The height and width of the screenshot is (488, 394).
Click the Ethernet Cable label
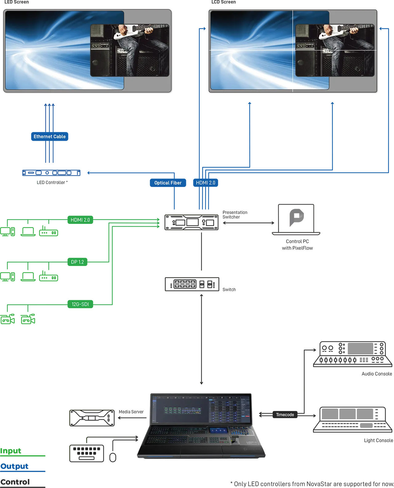coord(50,136)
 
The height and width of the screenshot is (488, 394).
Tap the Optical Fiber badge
coord(168,183)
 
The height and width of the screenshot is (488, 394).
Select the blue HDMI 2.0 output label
coord(205,183)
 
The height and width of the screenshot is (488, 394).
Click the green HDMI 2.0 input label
coord(80,220)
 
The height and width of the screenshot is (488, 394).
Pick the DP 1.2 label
coord(78,262)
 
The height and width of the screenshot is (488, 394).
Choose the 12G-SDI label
coord(80,304)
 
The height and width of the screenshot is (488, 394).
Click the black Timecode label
coord(285,414)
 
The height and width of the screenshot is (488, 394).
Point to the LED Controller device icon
coord(51,172)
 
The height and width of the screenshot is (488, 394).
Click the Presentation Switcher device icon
coord(191,222)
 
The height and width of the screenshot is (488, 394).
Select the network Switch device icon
coord(192,284)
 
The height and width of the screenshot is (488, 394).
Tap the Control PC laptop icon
coord(296,219)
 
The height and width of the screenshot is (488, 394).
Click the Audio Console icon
coord(352,354)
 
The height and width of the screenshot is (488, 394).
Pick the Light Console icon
coord(352,419)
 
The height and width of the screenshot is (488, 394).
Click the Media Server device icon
coord(92,418)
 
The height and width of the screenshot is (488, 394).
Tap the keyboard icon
coord(86,453)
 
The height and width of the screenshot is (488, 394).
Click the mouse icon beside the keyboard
coord(113,457)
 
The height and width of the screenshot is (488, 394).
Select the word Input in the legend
coord(10,451)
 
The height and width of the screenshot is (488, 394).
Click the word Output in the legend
coord(14,466)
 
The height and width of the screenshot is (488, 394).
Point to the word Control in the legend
coord(15,482)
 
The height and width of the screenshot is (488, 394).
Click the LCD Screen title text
coord(223,2)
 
